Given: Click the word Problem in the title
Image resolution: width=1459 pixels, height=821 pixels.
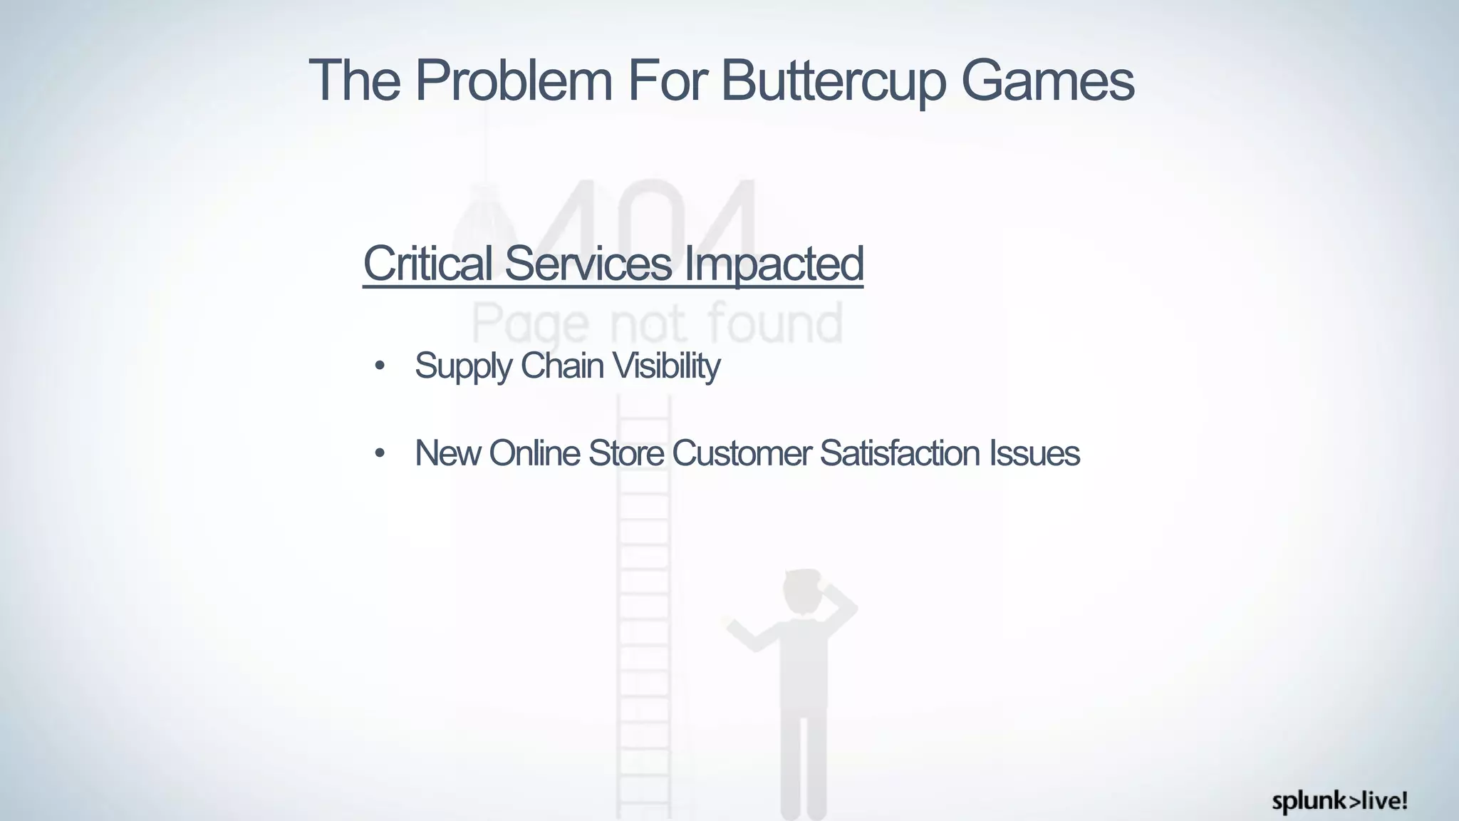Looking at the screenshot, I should (x=513, y=81).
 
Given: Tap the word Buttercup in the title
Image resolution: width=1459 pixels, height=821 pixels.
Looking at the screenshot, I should (x=834, y=81).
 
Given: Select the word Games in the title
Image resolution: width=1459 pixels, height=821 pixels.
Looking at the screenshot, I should (x=1047, y=81).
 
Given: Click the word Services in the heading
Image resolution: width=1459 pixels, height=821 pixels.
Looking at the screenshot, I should (x=588, y=263).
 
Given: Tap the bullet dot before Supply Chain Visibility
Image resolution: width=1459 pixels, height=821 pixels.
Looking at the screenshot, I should (x=380, y=367).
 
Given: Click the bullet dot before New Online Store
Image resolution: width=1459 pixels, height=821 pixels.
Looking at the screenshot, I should (x=380, y=453).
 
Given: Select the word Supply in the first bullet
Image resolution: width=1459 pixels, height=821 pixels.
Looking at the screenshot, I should (x=463, y=367).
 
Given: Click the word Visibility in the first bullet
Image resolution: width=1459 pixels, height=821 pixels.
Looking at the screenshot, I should (x=666, y=367).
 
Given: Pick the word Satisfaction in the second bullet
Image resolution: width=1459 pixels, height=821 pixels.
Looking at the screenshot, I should (x=900, y=453).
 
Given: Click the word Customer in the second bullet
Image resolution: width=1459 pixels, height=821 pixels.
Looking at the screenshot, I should (x=741, y=453).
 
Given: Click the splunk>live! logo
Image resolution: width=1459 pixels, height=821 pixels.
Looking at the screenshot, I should (x=1339, y=801).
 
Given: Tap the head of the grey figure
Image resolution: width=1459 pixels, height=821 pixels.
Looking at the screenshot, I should (x=804, y=592).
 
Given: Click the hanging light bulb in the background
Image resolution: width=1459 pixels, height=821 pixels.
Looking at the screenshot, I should (x=484, y=214).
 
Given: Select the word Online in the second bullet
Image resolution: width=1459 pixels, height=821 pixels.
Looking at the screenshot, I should (x=534, y=453).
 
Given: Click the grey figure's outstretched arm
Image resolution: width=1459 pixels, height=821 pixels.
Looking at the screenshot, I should (x=748, y=634).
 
